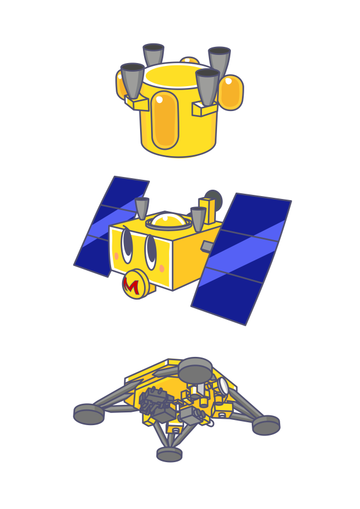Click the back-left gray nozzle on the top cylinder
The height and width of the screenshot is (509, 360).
click(153, 54)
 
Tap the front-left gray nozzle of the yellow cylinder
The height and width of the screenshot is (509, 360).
click(133, 80)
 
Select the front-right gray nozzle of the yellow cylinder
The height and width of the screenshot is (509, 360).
click(207, 87)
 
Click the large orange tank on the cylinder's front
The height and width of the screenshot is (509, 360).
click(165, 120)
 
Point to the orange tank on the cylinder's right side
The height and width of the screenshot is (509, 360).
click(231, 93)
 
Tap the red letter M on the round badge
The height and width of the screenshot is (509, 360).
click(131, 286)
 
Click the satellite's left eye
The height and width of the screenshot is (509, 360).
click(127, 245)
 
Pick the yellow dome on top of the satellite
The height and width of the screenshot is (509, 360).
click(167, 220)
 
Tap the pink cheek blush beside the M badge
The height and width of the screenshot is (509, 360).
click(162, 268)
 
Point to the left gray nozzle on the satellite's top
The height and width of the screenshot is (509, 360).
click(142, 208)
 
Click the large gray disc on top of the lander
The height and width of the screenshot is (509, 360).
click(195, 370)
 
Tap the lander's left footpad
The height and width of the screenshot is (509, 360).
click(89, 414)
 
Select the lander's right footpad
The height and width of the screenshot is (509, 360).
click(266, 425)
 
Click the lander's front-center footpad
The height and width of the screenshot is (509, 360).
click(169, 454)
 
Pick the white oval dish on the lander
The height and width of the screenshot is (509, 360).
click(223, 386)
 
